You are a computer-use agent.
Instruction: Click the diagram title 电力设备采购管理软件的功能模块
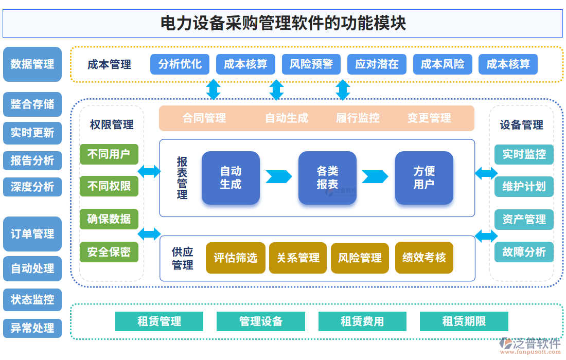283,24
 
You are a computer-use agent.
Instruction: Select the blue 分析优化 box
180,64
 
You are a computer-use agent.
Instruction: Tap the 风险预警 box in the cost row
311,64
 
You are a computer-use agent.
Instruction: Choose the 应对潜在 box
377,64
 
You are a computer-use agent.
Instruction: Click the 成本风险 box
443,64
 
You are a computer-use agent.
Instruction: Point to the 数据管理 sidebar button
32,64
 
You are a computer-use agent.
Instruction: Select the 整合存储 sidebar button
32,104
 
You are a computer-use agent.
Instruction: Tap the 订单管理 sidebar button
32,234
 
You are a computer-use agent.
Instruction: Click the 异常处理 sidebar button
32,328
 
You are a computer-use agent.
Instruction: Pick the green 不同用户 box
109,154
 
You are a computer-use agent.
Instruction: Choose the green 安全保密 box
109,252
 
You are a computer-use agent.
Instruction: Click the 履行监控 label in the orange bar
358,118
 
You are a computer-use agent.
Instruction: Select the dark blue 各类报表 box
327,178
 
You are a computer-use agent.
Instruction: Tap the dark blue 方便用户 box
424,178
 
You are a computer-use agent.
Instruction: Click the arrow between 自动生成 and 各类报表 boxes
278,177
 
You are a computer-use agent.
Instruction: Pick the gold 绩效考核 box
424,258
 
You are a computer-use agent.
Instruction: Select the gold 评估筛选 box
236,258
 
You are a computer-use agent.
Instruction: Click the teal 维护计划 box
524,186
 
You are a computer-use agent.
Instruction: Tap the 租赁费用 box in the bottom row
362,321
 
